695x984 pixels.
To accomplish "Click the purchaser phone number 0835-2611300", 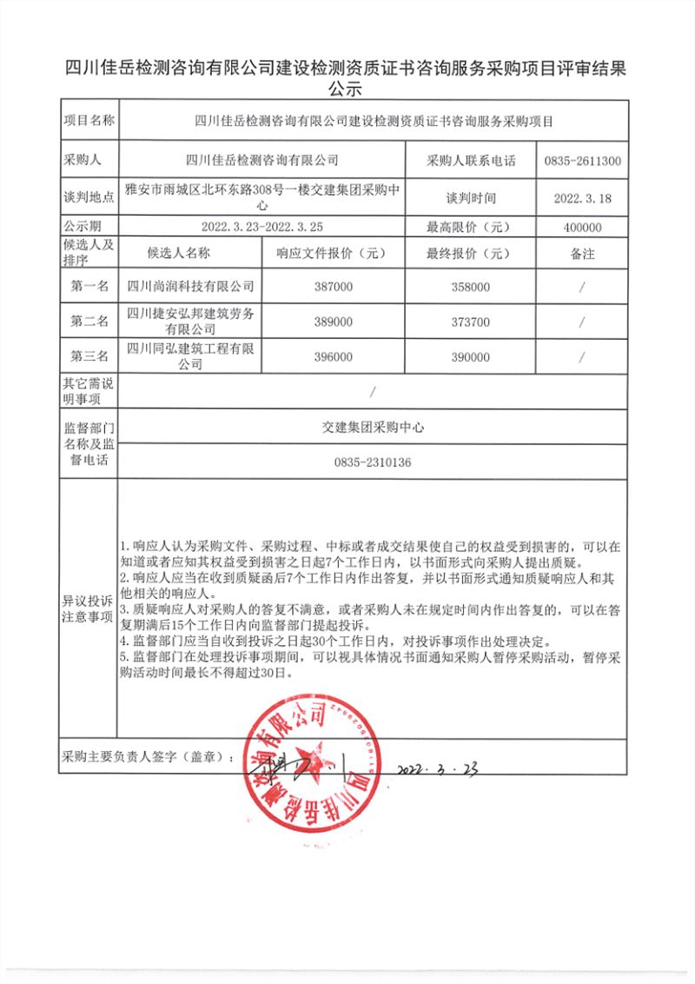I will [582, 161].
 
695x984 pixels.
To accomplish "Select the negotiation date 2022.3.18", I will [583, 198].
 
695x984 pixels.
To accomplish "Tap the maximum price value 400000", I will [582, 227].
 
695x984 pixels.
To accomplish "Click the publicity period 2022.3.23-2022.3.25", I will [261, 227].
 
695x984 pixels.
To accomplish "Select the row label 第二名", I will [89, 322].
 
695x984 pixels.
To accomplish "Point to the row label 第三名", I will [89, 356].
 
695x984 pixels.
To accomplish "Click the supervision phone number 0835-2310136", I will [372, 462].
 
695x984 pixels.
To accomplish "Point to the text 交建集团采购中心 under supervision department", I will [372, 427].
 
